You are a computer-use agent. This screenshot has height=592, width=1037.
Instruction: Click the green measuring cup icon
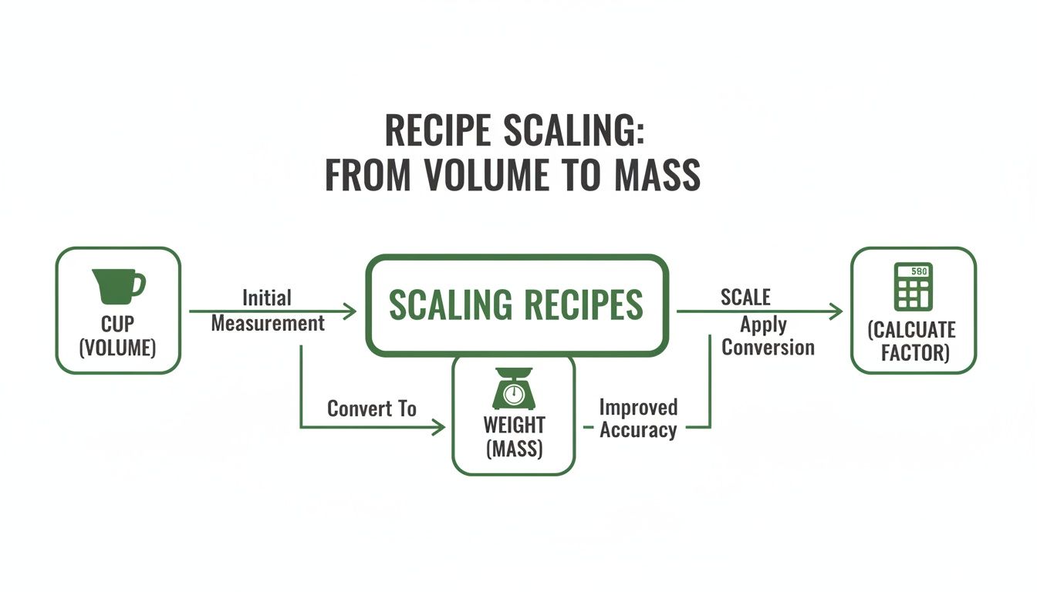[117, 285]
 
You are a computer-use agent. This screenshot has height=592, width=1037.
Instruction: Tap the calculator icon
[913, 288]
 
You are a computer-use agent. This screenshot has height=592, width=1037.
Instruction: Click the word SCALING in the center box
[448, 305]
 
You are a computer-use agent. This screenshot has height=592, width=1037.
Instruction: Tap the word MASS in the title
[658, 176]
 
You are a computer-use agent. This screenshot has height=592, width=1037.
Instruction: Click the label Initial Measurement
[268, 311]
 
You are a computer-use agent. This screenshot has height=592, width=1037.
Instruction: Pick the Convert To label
[372, 409]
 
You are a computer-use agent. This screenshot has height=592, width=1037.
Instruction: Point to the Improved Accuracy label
[638, 419]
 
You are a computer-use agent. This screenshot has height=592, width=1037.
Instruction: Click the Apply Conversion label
[768, 336]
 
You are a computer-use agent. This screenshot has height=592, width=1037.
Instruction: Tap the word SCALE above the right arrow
[745, 297]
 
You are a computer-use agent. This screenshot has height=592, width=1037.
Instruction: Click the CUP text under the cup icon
[117, 325]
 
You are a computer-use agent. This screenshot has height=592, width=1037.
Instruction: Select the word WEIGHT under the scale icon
[514, 425]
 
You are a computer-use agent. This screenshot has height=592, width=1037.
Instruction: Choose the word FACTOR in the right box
[913, 354]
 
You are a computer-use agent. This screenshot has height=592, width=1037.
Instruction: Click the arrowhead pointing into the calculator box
[836, 311]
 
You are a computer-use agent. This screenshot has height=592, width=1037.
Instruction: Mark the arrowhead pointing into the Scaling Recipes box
[350, 311]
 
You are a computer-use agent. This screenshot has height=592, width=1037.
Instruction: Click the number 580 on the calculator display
[919, 271]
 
